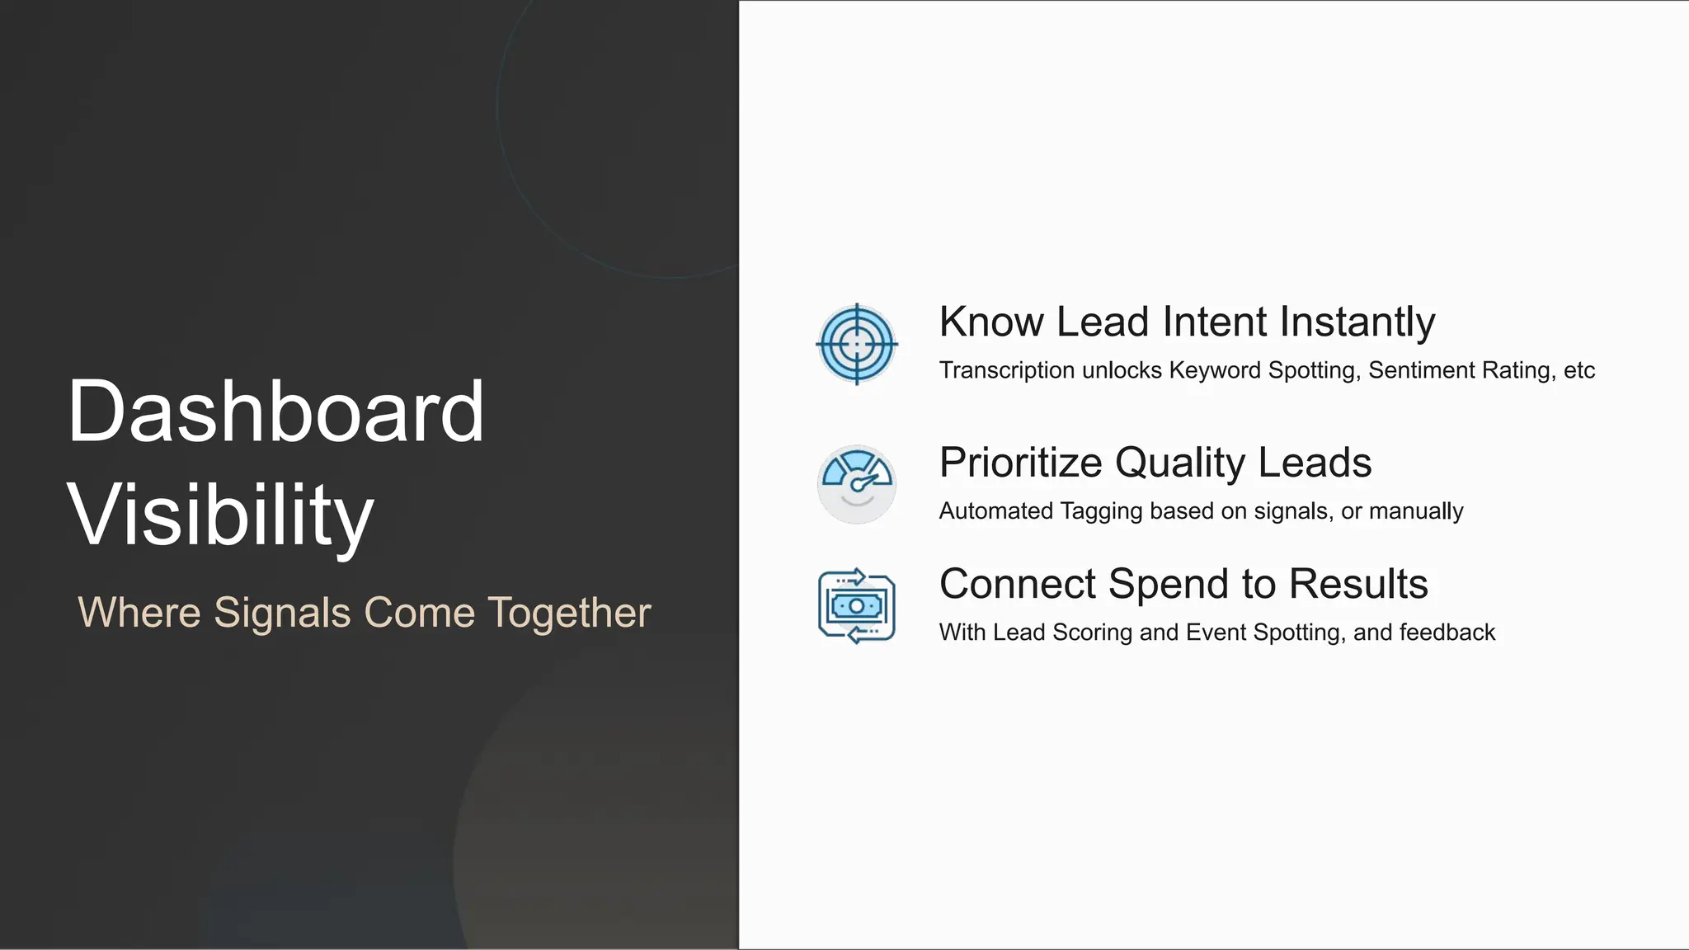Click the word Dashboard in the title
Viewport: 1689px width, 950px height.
275,412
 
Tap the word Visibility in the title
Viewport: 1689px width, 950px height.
220,515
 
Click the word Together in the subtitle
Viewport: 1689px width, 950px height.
569,613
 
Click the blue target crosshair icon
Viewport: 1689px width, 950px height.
857,344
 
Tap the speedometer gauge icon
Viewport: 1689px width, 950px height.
857,484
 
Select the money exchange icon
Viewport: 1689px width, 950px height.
857,606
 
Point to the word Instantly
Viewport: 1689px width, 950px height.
1357,322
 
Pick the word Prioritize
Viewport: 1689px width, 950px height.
1020,463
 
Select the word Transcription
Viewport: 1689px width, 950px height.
1006,370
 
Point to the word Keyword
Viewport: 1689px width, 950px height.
1215,370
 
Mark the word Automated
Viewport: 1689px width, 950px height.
996,511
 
